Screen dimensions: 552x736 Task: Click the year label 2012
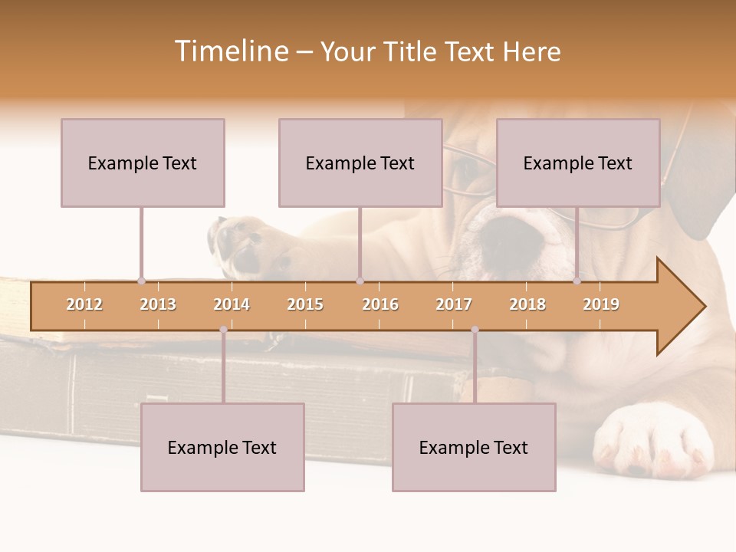click(x=84, y=304)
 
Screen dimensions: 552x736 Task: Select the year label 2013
click(x=158, y=304)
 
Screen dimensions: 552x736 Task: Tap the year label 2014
click(x=232, y=304)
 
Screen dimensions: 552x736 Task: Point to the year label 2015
click(x=305, y=304)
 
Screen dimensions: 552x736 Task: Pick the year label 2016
click(x=380, y=304)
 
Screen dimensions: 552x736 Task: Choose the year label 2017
click(x=454, y=304)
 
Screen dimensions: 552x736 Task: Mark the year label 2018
click(x=527, y=304)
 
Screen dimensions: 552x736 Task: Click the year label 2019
click(x=601, y=304)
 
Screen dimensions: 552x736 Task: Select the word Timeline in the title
click(x=230, y=51)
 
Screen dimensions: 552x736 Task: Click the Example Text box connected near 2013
click(x=143, y=163)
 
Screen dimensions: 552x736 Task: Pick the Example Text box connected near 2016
click(x=360, y=163)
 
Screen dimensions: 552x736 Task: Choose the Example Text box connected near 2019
click(x=578, y=163)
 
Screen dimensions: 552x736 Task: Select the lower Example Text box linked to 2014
click(x=222, y=447)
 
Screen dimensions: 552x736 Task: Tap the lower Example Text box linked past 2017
click(x=474, y=447)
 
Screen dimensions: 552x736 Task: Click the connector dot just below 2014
click(x=223, y=330)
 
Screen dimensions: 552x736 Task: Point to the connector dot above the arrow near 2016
click(x=360, y=281)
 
